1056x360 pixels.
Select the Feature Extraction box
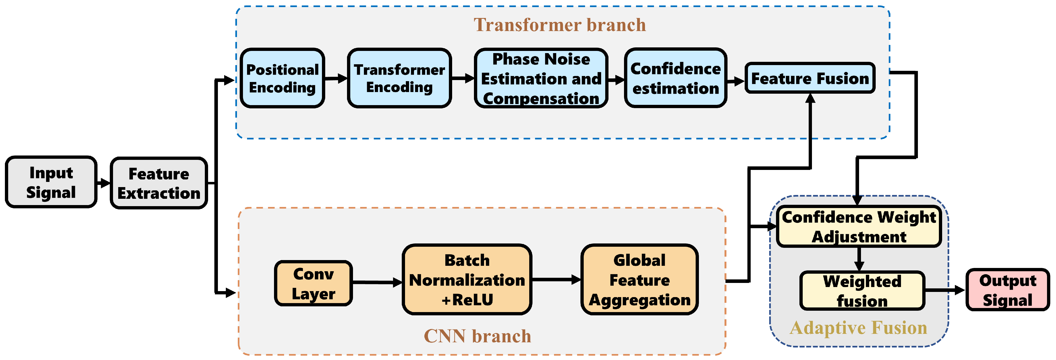[159, 183]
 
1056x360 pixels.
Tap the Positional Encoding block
[282, 78]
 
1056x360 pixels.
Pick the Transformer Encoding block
[399, 78]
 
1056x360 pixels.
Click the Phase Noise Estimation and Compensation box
[541, 78]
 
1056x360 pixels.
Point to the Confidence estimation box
[675, 78]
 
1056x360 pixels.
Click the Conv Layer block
[314, 283]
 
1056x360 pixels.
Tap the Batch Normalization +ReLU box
[467, 280]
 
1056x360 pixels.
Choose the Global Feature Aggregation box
[640, 280]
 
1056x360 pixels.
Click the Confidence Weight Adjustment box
[859, 226]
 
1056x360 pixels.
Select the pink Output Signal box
[1008, 289]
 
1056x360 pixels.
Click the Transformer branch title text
[560, 25]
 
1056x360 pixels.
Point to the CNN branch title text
[477, 336]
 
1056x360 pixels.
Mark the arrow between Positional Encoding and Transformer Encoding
[336, 78]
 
